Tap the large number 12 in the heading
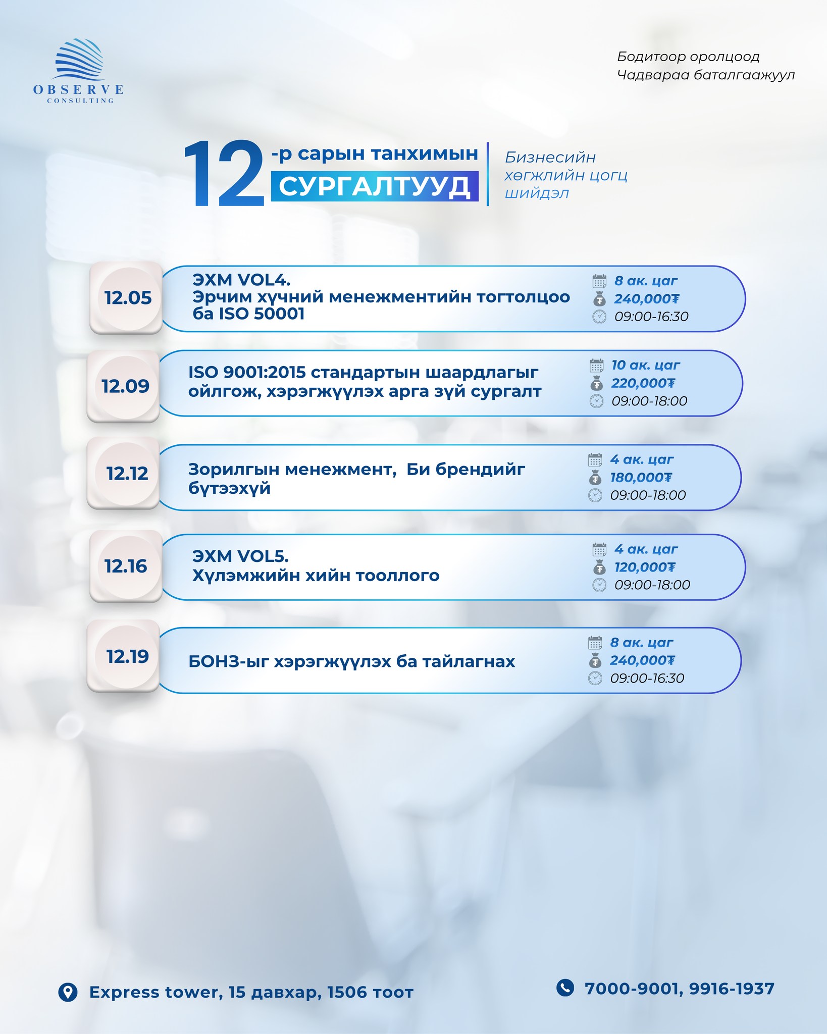[x=224, y=174]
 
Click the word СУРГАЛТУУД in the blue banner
[x=375, y=187]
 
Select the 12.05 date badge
[x=127, y=298]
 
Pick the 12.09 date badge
[x=125, y=386]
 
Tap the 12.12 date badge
[x=127, y=474]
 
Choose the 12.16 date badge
[x=125, y=566]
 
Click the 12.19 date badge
[x=127, y=656]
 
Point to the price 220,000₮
[x=643, y=383]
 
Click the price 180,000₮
[x=641, y=478]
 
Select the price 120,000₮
[x=644, y=567]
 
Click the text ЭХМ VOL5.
[x=240, y=556]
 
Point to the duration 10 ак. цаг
[x=645, y=365]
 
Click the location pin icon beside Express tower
[x=68, y=992]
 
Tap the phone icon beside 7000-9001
[x=565, y=988]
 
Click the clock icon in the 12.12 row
[x=595, y=495]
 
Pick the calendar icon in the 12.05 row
[x=599, y=281]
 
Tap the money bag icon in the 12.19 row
[x=595, y=660]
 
